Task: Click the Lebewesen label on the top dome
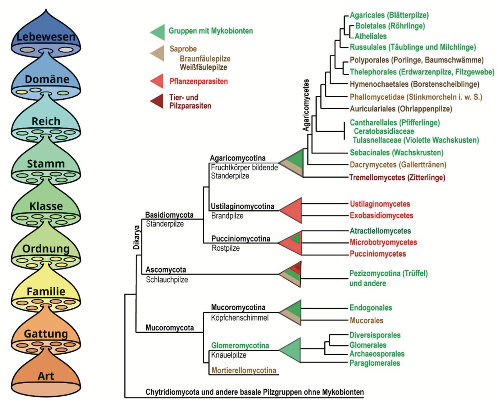[x=46, y=37]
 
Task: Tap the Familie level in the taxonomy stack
[x=46, y=291]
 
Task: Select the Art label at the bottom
[x=46, y=376]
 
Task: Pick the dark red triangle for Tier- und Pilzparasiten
[x=157, y=101]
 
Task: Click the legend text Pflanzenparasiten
[x=199, y=81]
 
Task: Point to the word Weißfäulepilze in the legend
[x=203, y=67]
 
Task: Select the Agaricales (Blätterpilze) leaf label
[x=389, y=15]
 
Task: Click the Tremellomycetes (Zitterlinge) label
[x=397, y=177]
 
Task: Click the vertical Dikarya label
[x=137, y=237]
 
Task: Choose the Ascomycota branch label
[x=166, y=270]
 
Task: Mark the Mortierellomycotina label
[x=244, y=370]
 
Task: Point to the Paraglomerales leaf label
[x=375, y=363]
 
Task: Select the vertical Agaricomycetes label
[x=306, y=105]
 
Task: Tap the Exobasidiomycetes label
[x=382, y=215]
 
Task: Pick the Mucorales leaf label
[x=367, y=320]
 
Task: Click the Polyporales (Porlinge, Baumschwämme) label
[x=417, y=60]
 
